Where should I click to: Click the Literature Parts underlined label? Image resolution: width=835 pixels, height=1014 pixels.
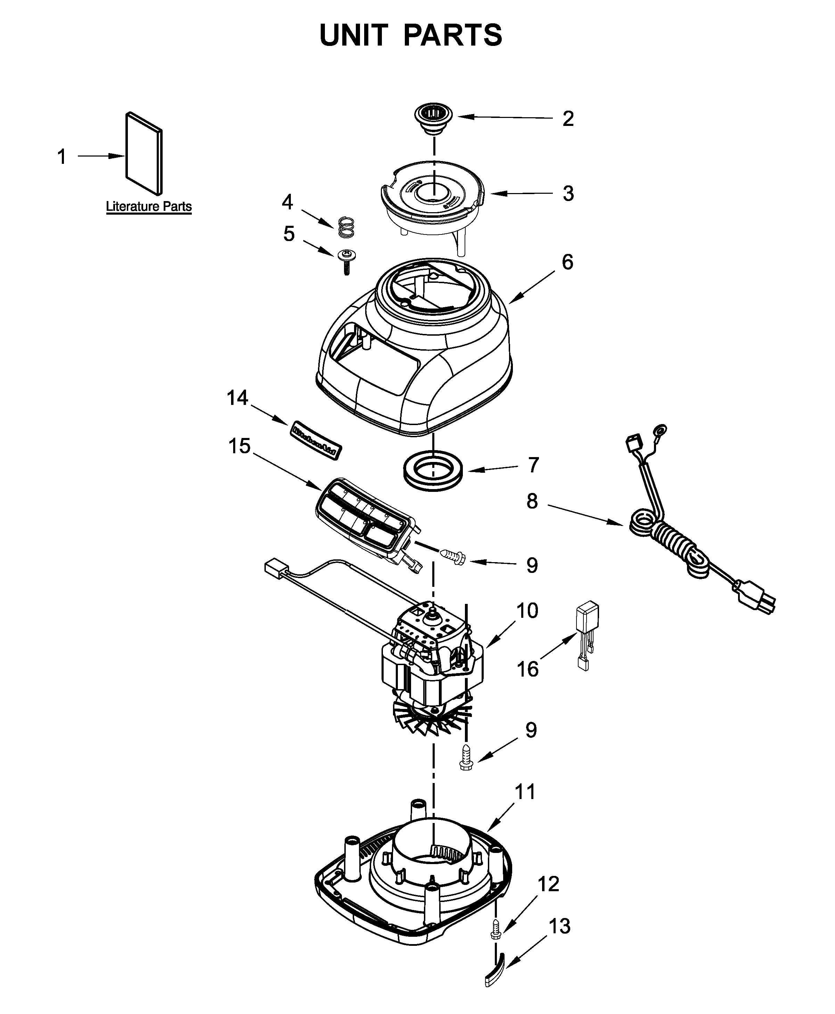[149, 207]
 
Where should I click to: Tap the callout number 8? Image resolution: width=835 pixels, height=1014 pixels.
[532, 501]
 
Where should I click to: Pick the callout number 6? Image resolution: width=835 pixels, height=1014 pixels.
[567, 262]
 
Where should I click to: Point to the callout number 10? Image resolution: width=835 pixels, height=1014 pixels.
[527, 610]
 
